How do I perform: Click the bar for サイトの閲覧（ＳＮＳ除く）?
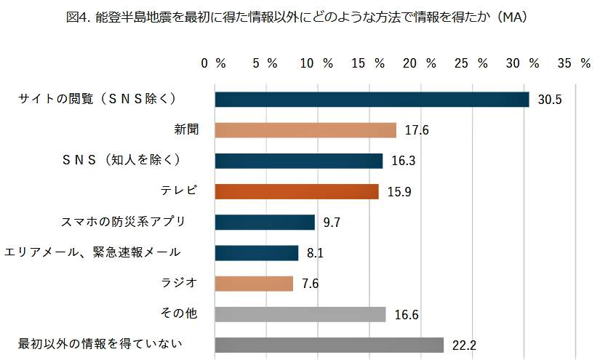(372, 100)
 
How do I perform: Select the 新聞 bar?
(305, 130)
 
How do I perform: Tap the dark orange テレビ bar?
(297, 191)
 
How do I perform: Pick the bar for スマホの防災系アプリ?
(265, 222)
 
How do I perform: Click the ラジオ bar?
(254, 283)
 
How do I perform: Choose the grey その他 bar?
(300, 314)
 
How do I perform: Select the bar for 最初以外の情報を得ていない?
(329, 345)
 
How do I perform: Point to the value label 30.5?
(550, 100)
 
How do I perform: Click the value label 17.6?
(417, 131)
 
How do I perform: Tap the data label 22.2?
(464, 345)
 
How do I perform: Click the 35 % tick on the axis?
(575, 63)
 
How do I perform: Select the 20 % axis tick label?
(420, 63)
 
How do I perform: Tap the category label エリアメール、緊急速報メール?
(92, 252)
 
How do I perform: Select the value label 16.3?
(404, 161)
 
